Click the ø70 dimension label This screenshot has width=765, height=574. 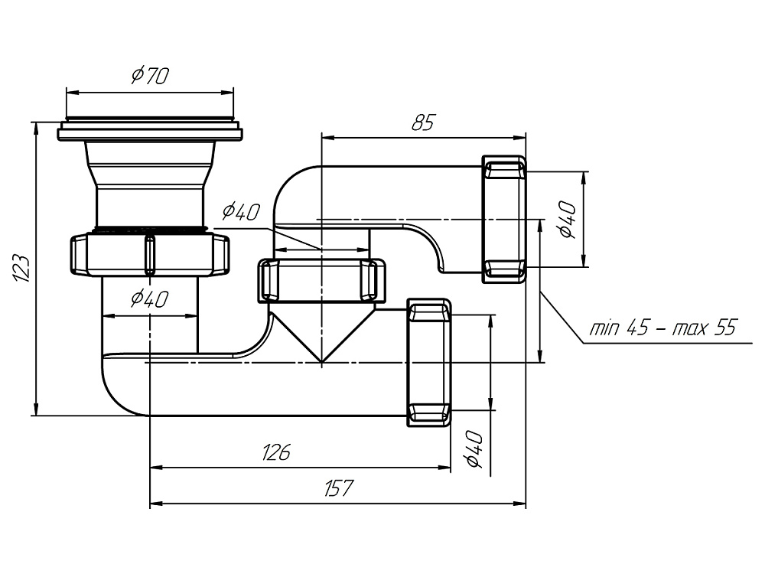[150, 76]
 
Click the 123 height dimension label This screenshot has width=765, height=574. [22, 269]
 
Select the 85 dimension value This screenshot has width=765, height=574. [422, 122]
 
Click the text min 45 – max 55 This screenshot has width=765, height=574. [662, 328]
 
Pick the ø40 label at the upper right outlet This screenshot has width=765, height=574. [566, 220]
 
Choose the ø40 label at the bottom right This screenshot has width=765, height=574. [472, 448]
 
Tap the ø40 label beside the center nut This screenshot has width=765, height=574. [242, 211]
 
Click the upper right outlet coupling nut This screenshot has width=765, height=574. [504, 219]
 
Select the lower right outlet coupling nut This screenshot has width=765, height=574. [428, 362]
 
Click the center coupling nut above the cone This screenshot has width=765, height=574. [321, 281]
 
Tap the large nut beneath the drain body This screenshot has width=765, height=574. [150, 255]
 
